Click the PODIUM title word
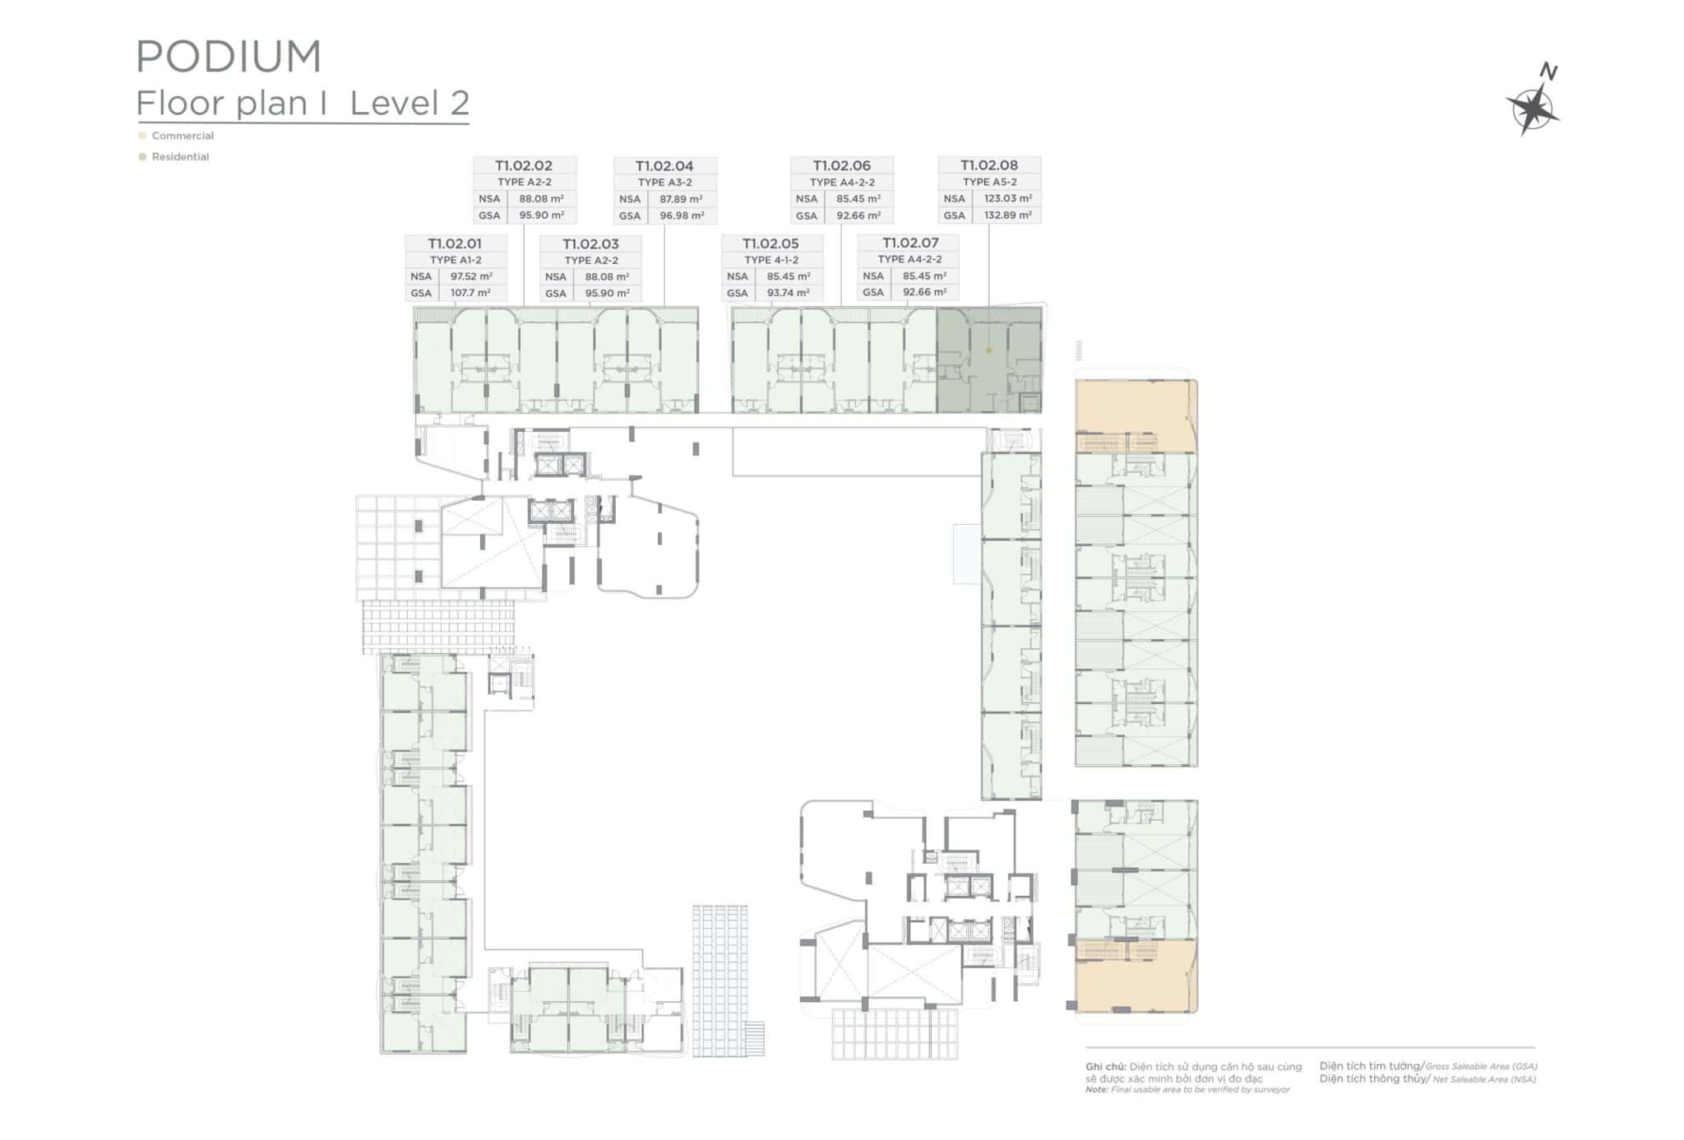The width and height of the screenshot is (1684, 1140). pos(229,57)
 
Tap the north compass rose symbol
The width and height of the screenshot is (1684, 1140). pos(1533,106)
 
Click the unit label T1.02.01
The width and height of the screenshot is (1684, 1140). pos(455,243)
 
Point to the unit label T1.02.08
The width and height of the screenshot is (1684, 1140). pos(989,165)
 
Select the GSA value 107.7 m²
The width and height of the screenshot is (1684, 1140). pos(470,293)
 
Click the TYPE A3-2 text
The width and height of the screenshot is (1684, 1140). pos(665,183)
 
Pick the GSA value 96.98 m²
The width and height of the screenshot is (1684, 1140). pos(682,215)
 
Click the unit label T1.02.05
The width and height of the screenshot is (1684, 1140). pos(770,243)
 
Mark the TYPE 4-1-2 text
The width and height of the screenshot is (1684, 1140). pos(771,260)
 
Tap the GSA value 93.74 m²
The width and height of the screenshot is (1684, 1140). pos(789,293)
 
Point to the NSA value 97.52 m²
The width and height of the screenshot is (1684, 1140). pos(471,276)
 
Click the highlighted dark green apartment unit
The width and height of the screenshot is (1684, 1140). pos(989,360)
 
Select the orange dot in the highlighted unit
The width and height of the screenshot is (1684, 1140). pos(988,350)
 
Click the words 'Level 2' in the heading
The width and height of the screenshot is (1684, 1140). pos(409,104)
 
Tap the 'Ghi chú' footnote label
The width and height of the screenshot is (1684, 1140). pos(1105,1067)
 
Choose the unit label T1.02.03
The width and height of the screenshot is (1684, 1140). pos(590,244)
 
